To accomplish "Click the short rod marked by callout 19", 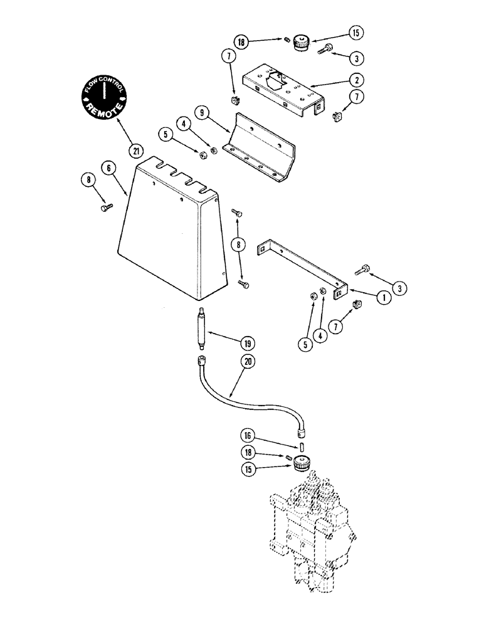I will tap(202, 327).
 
